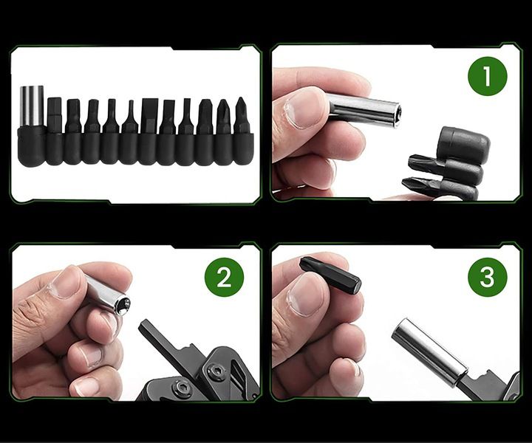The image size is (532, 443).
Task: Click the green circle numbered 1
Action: pyautogui.click(x=487, y=75)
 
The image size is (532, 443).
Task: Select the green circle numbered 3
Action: pyautogui.click(x=487, y=277)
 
